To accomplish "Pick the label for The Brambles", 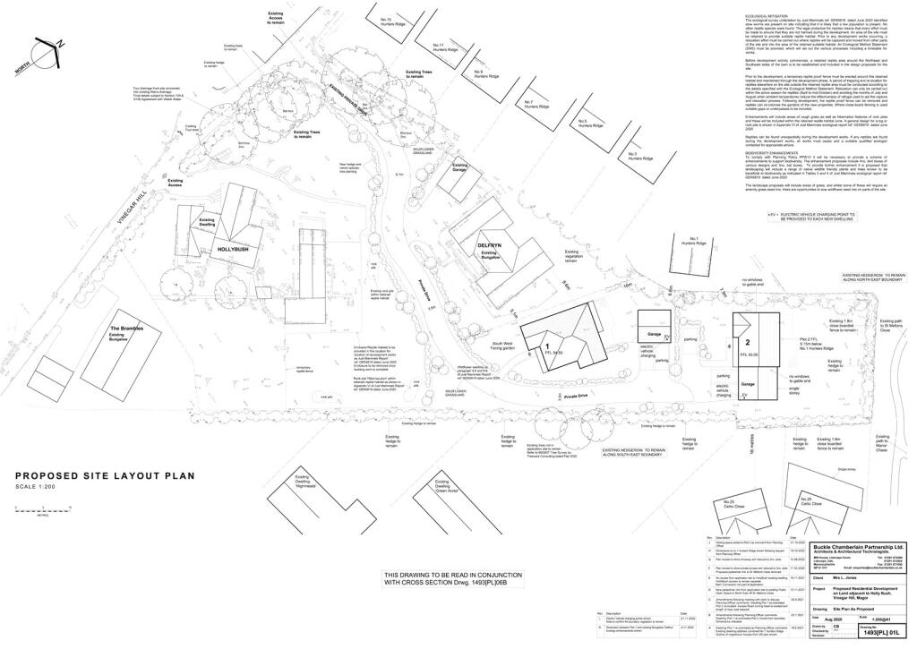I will point(128,329).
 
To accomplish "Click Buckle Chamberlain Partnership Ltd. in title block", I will point(858,546).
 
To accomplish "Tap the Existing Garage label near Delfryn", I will point(459,167).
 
